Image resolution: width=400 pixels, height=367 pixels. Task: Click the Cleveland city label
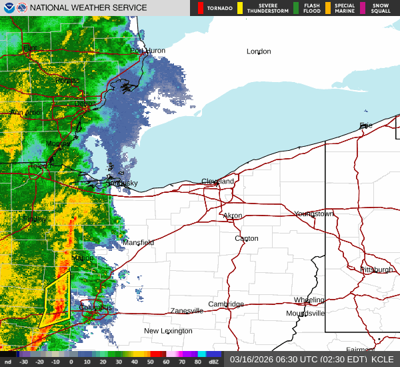point(218,181)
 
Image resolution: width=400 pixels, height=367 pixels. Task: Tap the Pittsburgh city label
point(377,270)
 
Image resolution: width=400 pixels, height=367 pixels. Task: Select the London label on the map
point(259,51)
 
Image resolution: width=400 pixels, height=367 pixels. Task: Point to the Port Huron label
point(147,51)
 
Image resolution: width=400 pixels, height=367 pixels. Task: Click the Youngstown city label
point(313,214)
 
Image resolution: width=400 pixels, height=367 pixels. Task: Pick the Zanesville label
point(187,311)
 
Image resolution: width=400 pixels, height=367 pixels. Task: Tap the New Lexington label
point(168,331)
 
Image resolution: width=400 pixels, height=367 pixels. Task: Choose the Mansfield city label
point(138,242)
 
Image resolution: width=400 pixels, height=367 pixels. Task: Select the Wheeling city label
point(309,300)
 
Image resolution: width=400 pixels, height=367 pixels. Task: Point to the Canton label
point(246,238)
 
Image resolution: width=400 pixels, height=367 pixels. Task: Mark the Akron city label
point(233,216)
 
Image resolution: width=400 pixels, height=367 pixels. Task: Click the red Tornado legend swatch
point(201,8)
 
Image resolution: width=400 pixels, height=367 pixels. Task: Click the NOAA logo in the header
point(8,8)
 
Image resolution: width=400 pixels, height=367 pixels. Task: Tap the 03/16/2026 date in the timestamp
point(250,359)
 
